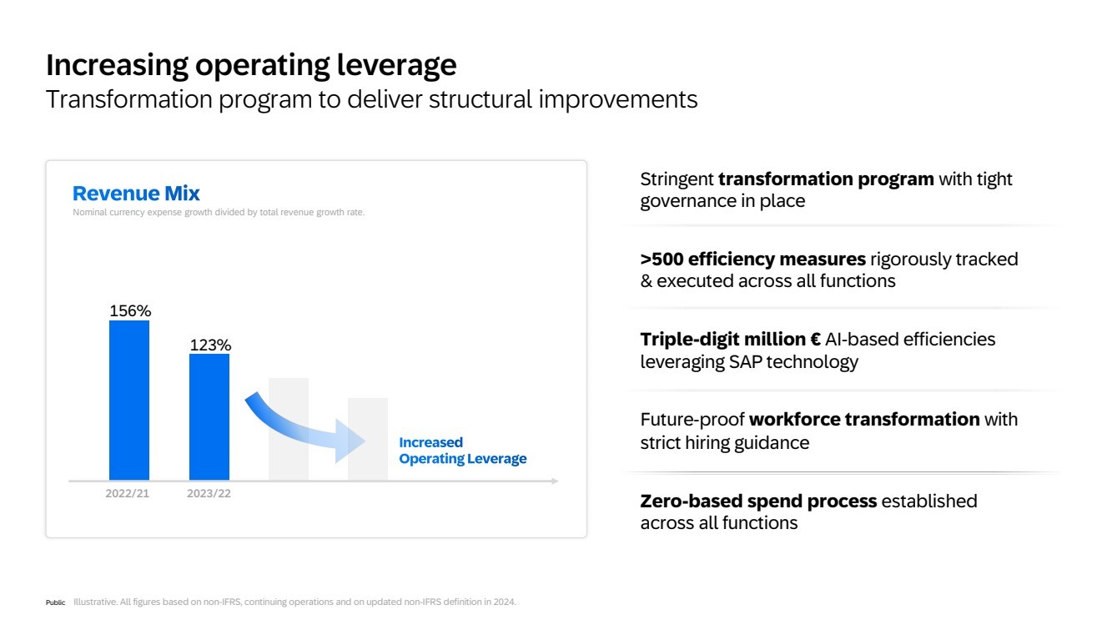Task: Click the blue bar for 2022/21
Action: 129,401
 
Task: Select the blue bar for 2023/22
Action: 209,417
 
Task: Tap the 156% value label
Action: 130,310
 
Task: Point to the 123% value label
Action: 210,345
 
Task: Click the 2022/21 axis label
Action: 127,493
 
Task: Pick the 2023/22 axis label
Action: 209,493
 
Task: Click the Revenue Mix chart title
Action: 136,193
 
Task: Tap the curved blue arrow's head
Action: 350,441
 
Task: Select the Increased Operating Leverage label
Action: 463,451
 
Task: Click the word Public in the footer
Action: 55,602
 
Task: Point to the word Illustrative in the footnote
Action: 95,602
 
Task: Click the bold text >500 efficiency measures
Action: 752,260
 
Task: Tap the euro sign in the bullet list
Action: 815,340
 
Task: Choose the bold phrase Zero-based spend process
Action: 758,502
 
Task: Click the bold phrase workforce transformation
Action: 863,420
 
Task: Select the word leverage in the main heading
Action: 396,65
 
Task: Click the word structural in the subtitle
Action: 481,99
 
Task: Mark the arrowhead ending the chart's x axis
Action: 555,481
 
